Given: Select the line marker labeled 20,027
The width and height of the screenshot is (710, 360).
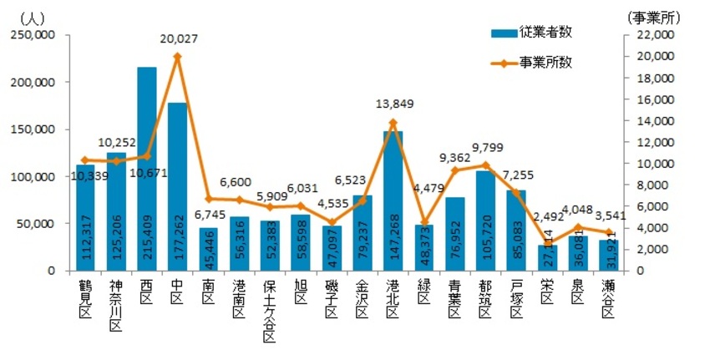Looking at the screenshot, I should click(x=177, y=57).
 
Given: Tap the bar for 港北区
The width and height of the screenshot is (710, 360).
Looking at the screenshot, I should click(x=393, y=200).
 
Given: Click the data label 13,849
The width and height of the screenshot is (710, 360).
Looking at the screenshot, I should click(x=393, y=104).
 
